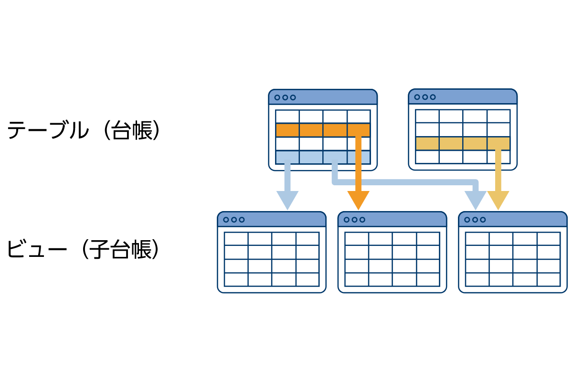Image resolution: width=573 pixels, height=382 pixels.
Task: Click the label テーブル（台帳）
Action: [x=84, y=130]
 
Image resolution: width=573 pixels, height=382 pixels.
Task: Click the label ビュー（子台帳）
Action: [x=84, y=249]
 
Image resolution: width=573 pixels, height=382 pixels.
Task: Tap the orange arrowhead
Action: [x=358, y=201]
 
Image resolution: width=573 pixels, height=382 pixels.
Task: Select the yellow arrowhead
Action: [x=498, y=201]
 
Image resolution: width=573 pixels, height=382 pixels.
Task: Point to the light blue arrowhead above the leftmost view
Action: [x=287, y=201]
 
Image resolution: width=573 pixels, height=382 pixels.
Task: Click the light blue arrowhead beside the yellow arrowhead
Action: [x=475, y=201]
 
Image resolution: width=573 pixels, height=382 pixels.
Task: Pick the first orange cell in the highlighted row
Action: [x=287, y=130]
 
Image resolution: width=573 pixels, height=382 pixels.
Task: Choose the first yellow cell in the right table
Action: [x=427, y=144]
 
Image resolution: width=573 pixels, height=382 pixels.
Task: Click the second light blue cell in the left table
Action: [x=311, y=157]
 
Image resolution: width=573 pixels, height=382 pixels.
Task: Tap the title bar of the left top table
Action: [x=323, y=97]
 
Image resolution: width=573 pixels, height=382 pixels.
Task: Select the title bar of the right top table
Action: [x=463, y=96]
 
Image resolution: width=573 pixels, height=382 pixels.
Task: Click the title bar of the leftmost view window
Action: [x=272, y=219]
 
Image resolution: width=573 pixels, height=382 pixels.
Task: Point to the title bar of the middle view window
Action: [x=392, y=219]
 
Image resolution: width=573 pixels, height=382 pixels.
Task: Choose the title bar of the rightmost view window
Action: [x=513, y=219]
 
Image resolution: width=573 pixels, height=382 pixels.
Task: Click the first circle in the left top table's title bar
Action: [x=277, y=97]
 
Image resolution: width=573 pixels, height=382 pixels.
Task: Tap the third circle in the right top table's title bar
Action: [x=433, y=97]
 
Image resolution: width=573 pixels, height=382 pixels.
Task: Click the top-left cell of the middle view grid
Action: [x=357, y=239]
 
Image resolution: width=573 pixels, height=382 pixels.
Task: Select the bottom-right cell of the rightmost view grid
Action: [x=549, y=280]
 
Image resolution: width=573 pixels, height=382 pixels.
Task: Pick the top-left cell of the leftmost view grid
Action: [x=236, y=239]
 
